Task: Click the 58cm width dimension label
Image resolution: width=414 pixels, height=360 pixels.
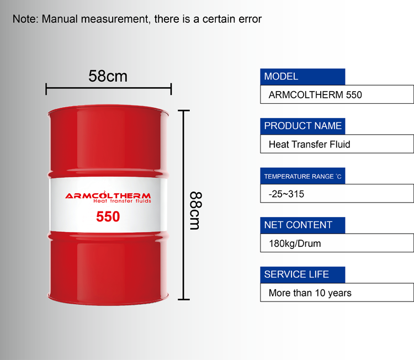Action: click(108, 76)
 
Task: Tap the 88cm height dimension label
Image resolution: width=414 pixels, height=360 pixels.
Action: click(195, 210)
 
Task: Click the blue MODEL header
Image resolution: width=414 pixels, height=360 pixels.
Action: click(302, 77)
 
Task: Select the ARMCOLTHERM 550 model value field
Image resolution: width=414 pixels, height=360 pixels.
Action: click(337, 94)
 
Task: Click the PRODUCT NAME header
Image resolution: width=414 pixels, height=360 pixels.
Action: click(302, 126)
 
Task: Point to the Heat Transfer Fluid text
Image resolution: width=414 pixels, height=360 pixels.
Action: click(310, 144)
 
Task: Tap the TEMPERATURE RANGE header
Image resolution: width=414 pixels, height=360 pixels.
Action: click(302, 176)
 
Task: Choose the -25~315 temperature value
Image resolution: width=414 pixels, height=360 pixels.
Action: click(286, 194)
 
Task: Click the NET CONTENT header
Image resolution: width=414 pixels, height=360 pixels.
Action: click(302, 225)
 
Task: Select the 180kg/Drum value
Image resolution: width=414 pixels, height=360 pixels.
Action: click(295, 243)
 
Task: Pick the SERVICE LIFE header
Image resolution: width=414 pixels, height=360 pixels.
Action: click(302, 274)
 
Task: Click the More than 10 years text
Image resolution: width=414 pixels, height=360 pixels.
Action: click(310, 293)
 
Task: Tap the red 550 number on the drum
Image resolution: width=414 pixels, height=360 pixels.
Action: click(108, 216)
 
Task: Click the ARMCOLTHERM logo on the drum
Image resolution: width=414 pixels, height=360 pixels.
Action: click(108, 195)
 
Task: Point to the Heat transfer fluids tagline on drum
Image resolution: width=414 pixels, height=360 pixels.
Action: click(122, 201)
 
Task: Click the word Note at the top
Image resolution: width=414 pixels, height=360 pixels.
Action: click(25, 19)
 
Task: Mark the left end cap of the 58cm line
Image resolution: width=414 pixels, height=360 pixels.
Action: click(46, 89)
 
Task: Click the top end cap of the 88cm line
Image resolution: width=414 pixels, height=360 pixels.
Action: click(184, 110)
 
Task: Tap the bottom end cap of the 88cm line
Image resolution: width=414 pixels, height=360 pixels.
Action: click(184, 299)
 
